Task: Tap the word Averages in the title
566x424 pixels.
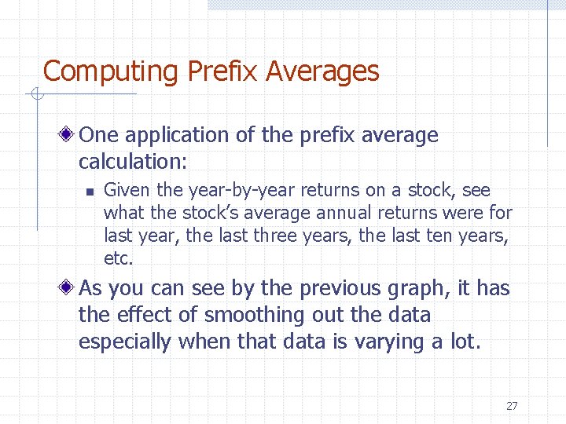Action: tap(322, 71)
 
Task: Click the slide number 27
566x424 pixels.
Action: tap(512, 406)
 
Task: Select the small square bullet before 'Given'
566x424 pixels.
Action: tap(90, 191)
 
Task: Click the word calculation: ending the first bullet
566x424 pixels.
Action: tap(133, 162)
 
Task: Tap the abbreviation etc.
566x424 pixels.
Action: tap(119, 258)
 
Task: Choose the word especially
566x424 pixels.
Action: tap(125, 342)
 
